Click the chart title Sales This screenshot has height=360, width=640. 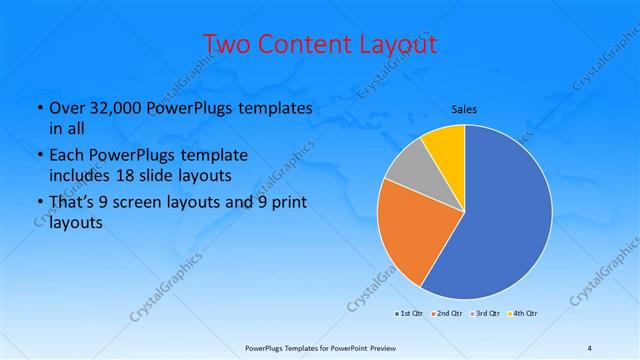pos(464,107)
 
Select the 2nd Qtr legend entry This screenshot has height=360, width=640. pos(449,313)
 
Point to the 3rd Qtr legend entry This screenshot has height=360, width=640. pos(486,313)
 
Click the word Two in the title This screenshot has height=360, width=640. pos(225,45)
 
